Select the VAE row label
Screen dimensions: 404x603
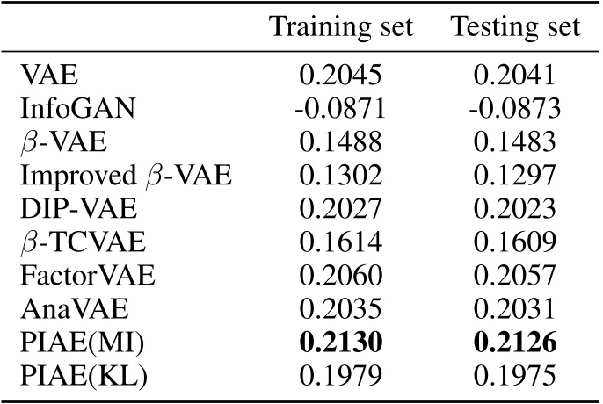pos(43,76)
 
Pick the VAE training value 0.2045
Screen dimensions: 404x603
pos(340,76)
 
